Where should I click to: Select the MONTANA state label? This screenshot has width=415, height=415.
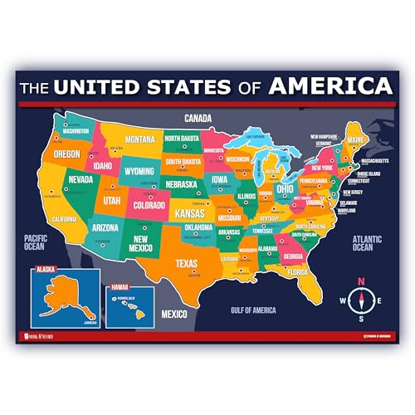[140, 139]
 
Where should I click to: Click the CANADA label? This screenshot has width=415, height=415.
[198, 118]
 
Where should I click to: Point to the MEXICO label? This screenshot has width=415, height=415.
[173, 314]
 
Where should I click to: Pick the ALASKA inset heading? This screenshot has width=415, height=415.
[46, 269]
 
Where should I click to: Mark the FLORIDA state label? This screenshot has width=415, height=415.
[321, 271]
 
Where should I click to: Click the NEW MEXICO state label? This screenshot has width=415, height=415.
[140, 243]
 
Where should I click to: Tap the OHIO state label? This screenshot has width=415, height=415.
[285, 188]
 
